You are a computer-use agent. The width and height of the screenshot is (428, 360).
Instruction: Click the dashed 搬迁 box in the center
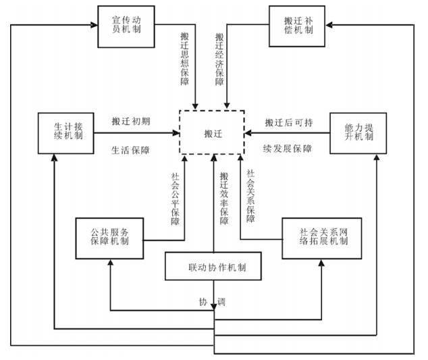(x=212, y=132)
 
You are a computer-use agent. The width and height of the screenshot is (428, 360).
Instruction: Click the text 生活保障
(x=131, y=150)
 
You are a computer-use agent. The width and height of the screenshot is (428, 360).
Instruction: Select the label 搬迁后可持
(x=289, y=123)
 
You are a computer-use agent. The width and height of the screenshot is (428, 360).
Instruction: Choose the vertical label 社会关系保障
(x=250, y=196)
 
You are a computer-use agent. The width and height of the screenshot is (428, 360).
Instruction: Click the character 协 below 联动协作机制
(x=202, y=301)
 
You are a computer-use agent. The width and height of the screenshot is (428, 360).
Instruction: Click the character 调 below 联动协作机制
(x=221, y=301)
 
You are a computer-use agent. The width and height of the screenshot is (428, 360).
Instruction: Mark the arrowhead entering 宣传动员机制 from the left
(x=92, y=25)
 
